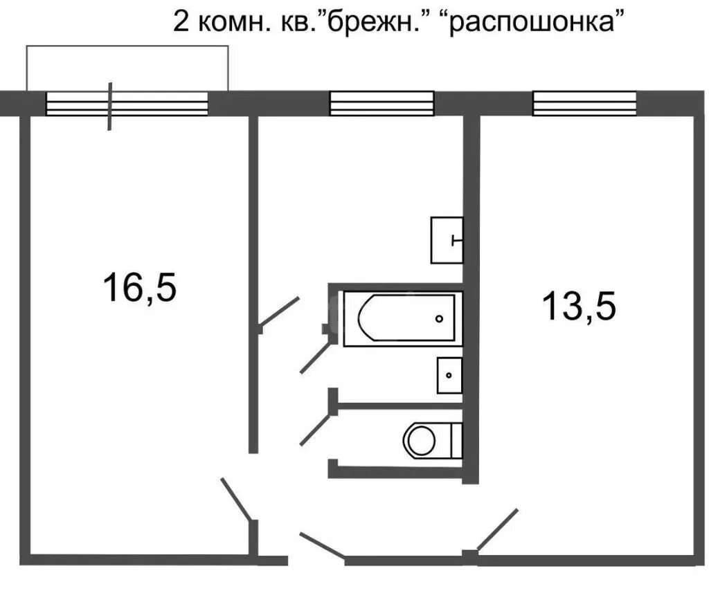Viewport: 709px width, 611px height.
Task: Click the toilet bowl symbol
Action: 420,439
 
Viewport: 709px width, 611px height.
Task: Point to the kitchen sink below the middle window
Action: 447,239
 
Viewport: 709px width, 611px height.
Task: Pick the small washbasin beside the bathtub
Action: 449,376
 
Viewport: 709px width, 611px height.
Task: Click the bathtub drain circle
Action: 439,319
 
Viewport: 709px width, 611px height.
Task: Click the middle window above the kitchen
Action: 382,104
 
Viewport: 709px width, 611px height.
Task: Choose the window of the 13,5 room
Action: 584,104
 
